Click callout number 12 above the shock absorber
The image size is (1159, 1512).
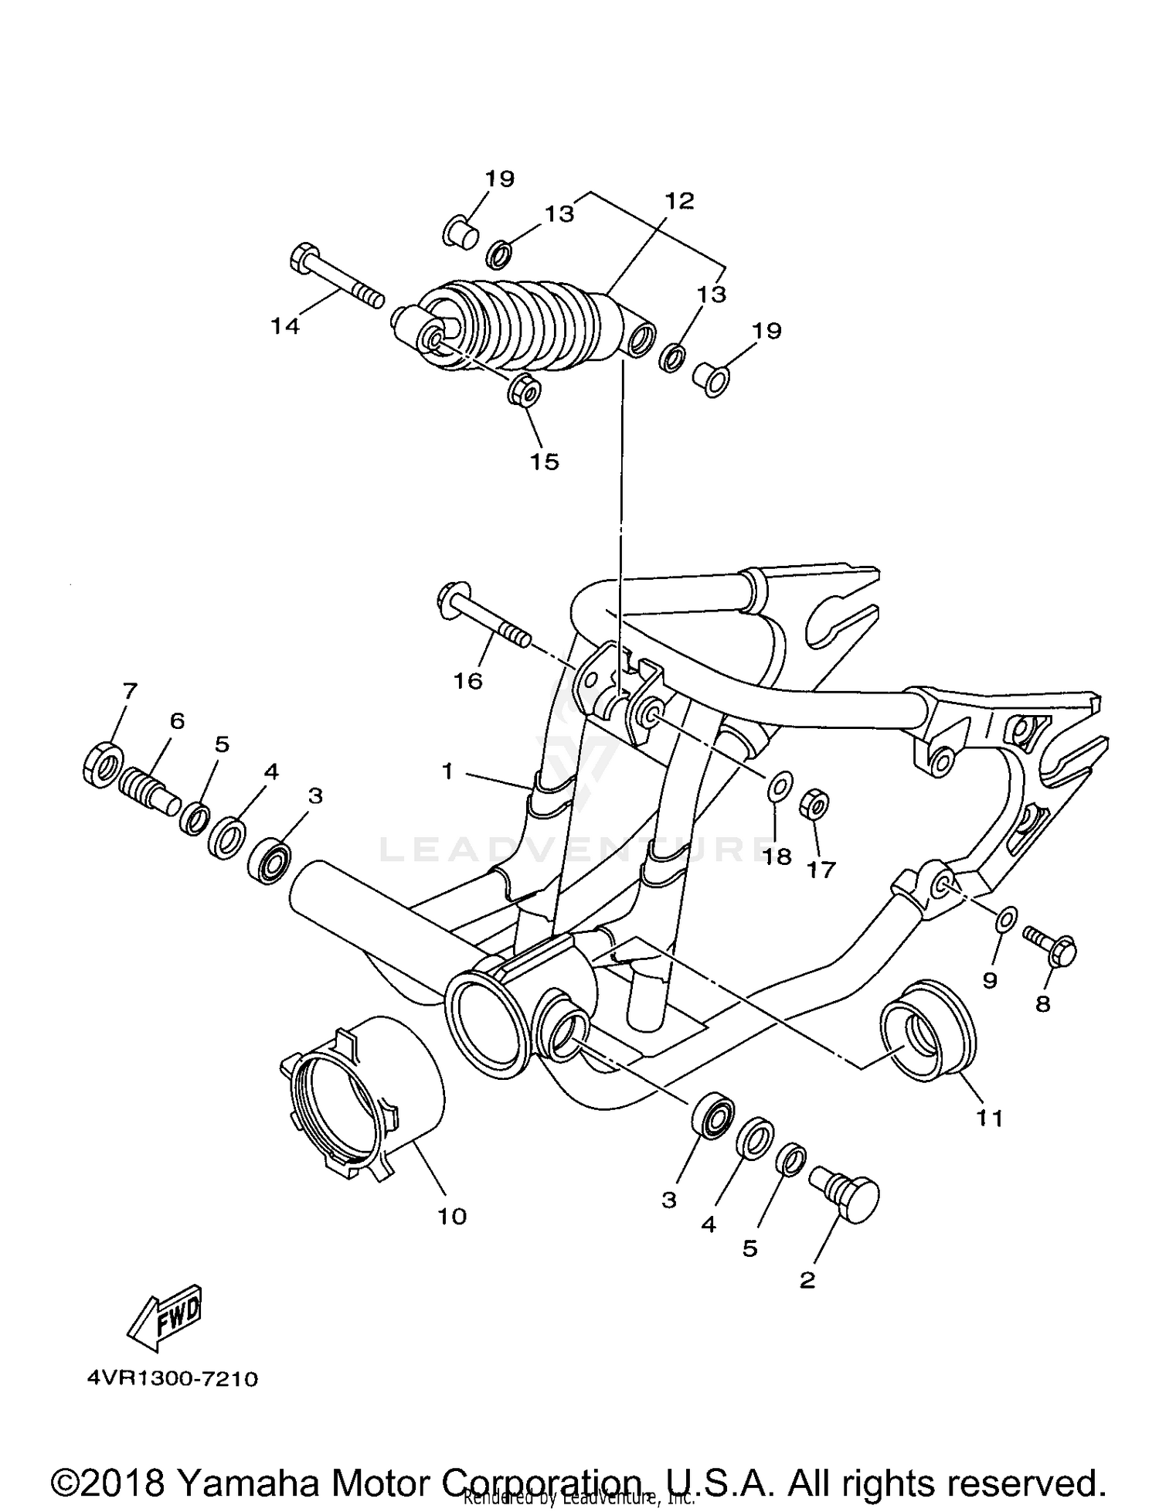point(679,201)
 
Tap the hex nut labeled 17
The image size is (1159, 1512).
point(814,805)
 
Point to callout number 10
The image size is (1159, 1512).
point(452,1216)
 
